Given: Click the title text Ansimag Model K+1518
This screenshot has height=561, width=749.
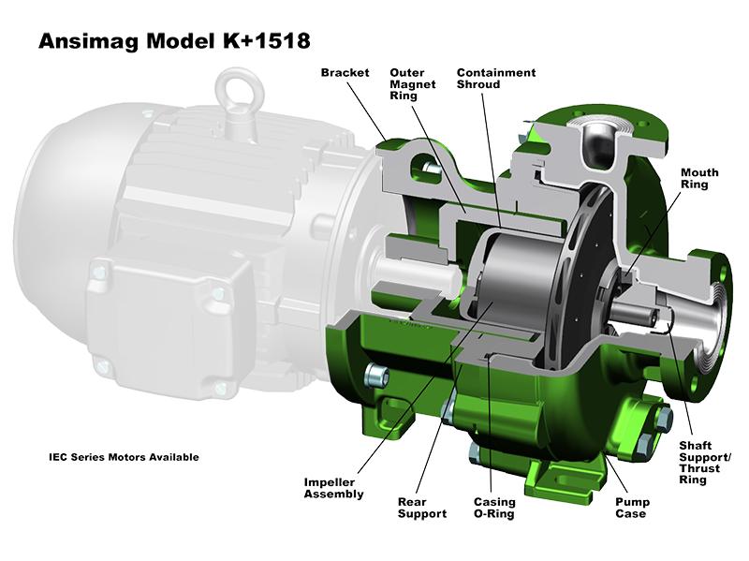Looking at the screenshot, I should pos(173,41).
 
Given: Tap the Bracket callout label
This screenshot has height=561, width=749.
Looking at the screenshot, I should pos(345,73).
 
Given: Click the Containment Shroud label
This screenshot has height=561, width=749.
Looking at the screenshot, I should pos(495,79).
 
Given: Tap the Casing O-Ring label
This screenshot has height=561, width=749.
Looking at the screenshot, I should pos(493,507).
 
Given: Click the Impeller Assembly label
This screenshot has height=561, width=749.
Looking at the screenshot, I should pos(333,487).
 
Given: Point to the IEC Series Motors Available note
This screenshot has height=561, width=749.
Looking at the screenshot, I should pos(124,457).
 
